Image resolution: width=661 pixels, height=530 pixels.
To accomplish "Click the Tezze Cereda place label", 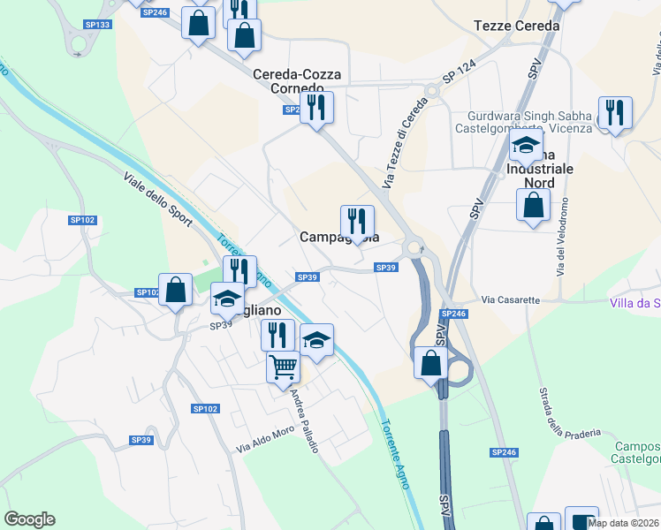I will pyautogui.click(x=517, y=26).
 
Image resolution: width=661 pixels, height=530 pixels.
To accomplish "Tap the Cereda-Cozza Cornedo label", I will pyautogui.click(x=297, y=82).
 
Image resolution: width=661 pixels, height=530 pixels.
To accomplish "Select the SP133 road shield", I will pyautogui.click(x=98, y=24).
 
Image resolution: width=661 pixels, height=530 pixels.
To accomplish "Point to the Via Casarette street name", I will pyautogui.click(x=510, y=300).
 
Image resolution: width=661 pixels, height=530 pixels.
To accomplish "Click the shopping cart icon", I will pyautogui.click(x=283, y=365).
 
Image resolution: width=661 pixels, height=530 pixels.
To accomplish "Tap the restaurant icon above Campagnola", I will pyautogui.click(x=357, y=221).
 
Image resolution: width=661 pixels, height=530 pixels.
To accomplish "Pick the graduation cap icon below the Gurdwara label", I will pyautogui.click(x=526, y=145).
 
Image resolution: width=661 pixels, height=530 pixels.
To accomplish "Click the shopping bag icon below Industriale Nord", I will pyautogui.click(x=534, y=206).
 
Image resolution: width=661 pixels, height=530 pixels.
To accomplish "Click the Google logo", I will pyautogui.click(x=29, y=519).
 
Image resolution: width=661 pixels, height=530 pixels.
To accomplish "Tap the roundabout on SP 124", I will pyautogui.click(x=432, y=90).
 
